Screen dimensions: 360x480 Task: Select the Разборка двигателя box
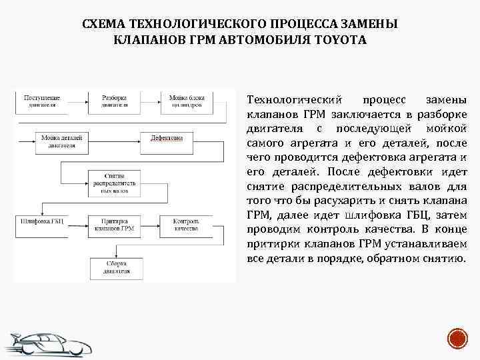point(114,101)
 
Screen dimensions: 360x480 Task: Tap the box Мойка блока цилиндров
point(186,101)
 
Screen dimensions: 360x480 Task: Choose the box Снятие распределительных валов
point(114,181)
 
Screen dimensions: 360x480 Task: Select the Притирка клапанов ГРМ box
point(115,225)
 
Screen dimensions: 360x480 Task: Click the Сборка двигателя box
point(114,267)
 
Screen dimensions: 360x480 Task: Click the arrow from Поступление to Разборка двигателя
point(77,101)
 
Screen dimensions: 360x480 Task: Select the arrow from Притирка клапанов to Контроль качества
point(152,224)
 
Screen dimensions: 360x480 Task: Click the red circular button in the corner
point(457,338)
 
